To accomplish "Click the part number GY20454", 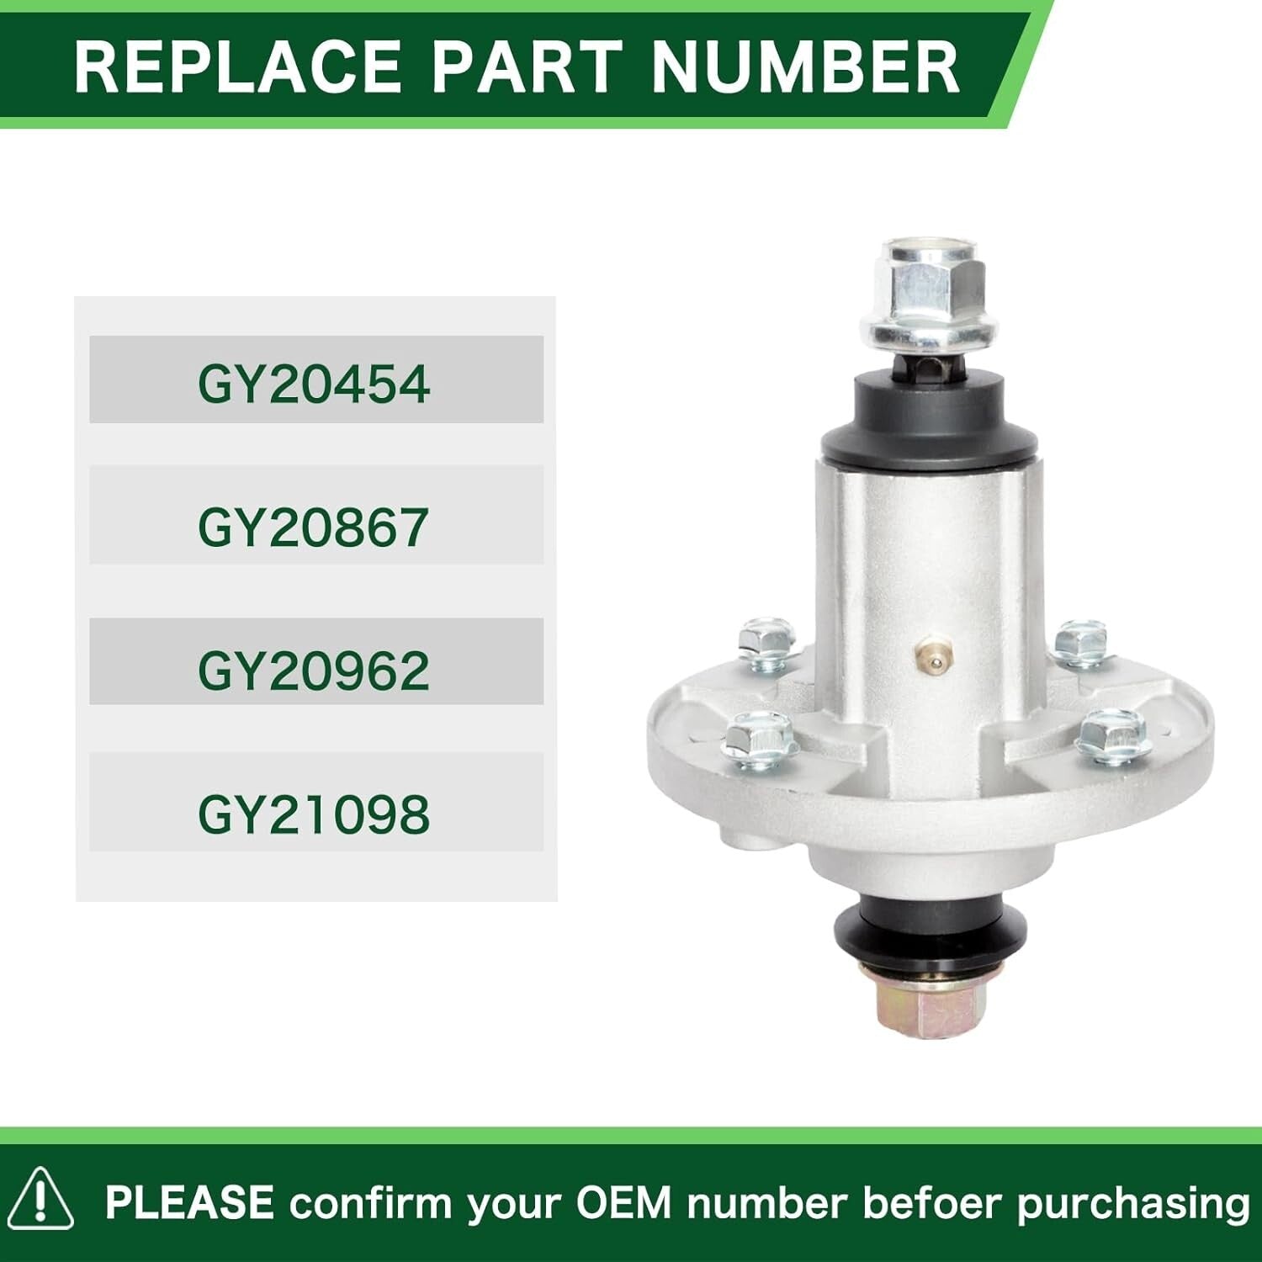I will click(314, 384).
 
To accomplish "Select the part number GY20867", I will click(314, 528).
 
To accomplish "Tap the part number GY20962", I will click(314, 671).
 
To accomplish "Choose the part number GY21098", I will click(314, 814).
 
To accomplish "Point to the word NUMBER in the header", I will click(805, 66).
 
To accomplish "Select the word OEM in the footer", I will click(623, 1202).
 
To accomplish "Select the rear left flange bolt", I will click(766, 643).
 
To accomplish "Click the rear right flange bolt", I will click(1081, 642).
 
